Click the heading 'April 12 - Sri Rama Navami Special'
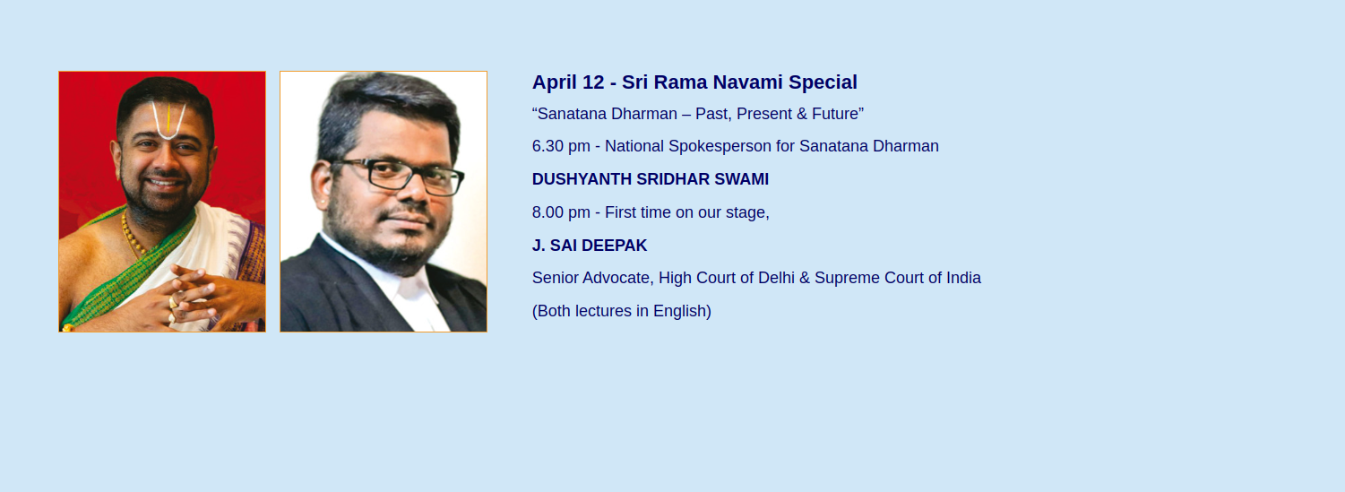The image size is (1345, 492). pyautogui.click(x=694, y=82)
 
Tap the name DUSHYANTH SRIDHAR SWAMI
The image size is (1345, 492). pyautogui.click(x=651, y=179)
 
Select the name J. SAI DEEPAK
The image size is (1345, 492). pyautogui.click(x=590, y=245)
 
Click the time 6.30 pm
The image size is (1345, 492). pyautogui.click(x=561, y=147)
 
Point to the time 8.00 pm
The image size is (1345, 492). pyautogui.click(x=561, y=212)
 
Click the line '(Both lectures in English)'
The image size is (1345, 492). pyautogui.click(x=622, y=311)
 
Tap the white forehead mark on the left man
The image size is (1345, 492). pyautogui.click(x=168, y=120)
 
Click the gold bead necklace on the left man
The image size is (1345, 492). pyautogui.click(x=132, y=233)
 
